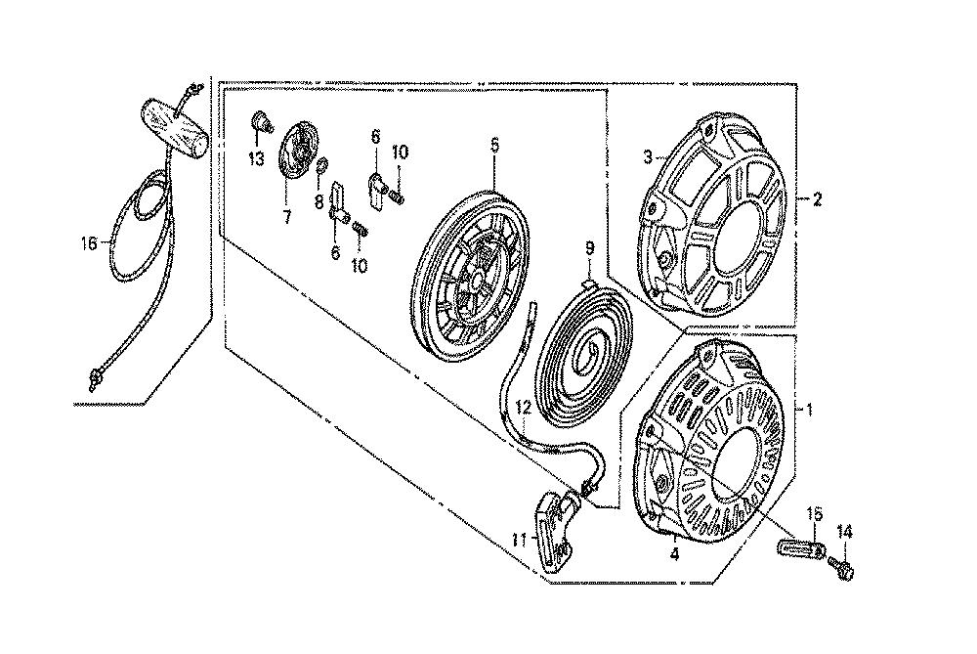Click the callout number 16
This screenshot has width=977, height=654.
pyautogui.click(x=89, y=243)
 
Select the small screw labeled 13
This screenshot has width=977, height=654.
pyautogui.click(x=262, y=123)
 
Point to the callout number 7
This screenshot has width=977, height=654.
pyautogui.click(x=286, y=218)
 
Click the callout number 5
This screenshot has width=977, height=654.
pyautogui.click(x=494, y=146)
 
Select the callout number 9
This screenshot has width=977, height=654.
pyautogui.click(x=589, y=248)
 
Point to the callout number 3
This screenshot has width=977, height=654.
pyautogui.click(x=648, y=157)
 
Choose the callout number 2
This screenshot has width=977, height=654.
pyautogui.click(x=817, y=199)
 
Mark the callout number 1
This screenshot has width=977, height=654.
pyautogui.click(x=809, y=410)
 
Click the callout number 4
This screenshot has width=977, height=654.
pyautogui.click(x=674, y=554)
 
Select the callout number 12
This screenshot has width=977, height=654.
pyautogui.click(x=524, y=409)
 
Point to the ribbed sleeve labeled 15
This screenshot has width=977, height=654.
pyautogui.click(x=802, y=548)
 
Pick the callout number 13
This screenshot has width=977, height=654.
pyautogui.click(x=257, y=159)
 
